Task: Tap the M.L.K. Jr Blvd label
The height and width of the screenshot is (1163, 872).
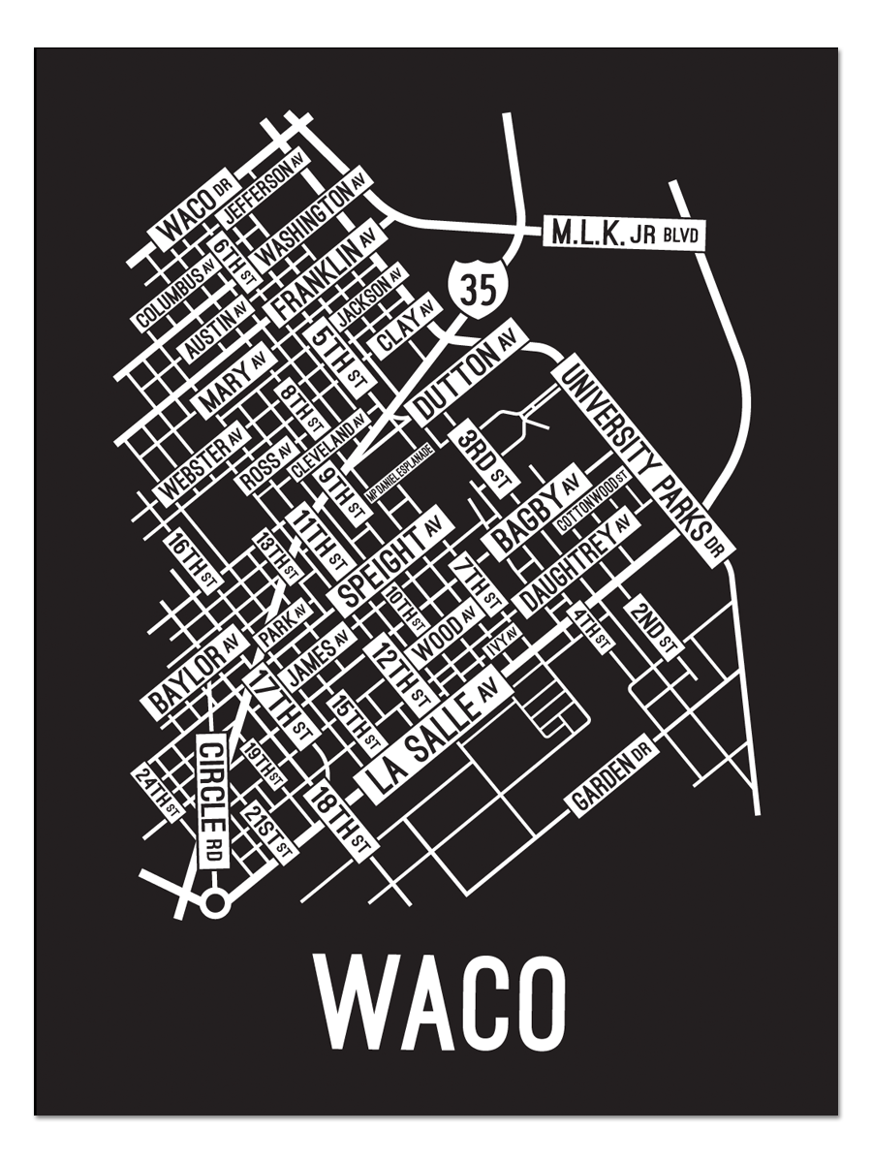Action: click(625, 234)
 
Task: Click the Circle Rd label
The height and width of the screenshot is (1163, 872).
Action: click(212, 800)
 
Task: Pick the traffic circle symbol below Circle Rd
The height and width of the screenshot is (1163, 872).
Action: click(214, 904)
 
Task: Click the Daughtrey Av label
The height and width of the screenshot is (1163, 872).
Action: click(574, 565)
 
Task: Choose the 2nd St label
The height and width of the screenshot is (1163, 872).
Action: click(654, 628)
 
